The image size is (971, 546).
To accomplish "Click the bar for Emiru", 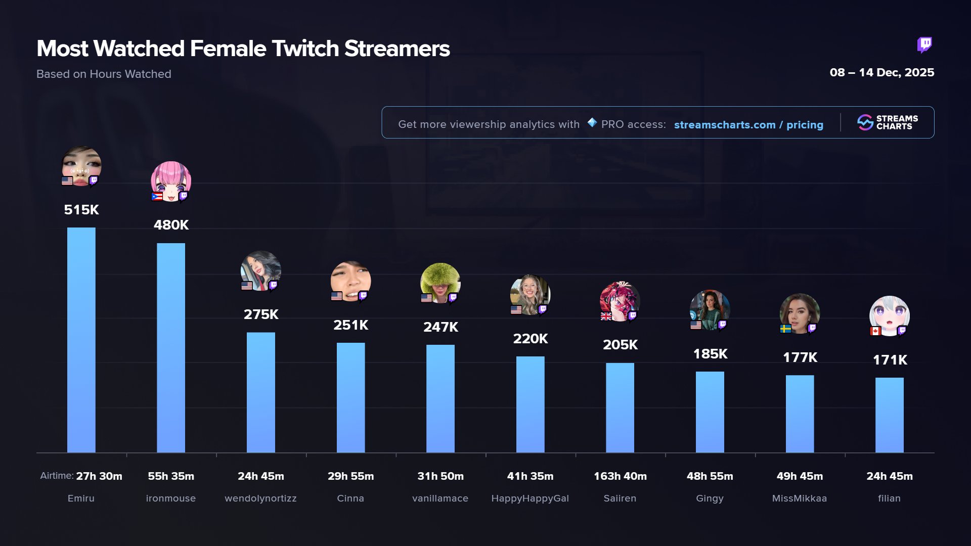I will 81,340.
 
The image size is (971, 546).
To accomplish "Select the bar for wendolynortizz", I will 260,392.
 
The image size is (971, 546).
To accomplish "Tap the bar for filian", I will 889,415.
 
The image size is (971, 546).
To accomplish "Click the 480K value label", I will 171,225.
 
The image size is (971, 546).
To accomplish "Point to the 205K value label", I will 620,345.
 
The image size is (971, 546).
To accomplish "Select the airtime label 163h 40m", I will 620,476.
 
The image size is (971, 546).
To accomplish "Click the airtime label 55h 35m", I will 171,476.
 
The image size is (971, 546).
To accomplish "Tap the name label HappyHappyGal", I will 530,498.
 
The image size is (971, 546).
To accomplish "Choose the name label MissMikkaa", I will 800,498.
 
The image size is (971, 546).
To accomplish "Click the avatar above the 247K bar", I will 440,282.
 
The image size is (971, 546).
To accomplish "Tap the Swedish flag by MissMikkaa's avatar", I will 785,329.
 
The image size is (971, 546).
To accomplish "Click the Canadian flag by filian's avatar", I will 875,331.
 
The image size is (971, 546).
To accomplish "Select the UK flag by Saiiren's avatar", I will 606,316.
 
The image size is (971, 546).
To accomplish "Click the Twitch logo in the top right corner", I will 924,45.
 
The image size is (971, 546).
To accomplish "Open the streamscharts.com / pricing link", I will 748,125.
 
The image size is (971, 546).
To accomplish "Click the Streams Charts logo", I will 888,122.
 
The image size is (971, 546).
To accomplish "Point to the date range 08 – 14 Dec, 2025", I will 881,72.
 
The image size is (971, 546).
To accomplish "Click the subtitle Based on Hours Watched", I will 104,74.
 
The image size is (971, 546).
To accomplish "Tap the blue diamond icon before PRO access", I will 592,122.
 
